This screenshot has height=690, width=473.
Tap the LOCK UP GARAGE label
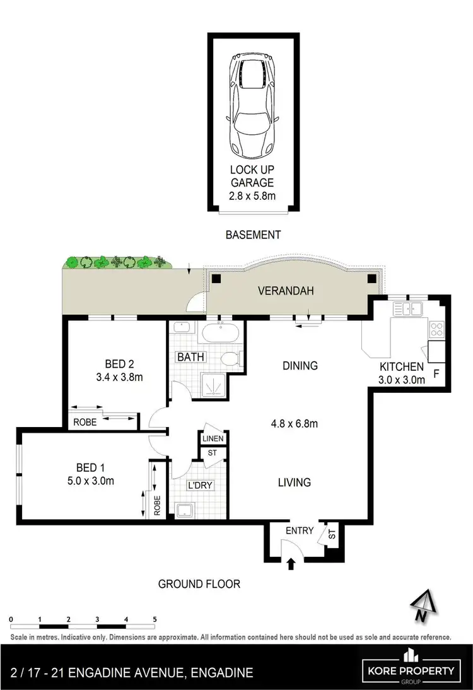(x=252, y=176)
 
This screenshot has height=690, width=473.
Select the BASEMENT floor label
(x=252, y=235)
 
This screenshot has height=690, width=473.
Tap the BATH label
(x=190, y=357)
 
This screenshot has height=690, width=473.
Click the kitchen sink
(x=409, y=309)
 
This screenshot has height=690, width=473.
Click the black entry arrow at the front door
(x=291, y=563)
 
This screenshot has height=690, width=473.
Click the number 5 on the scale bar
(x=155, y=619)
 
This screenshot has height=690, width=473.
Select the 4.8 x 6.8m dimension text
(x=295, y=424)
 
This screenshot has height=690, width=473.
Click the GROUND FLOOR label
(x=199, y=584)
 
